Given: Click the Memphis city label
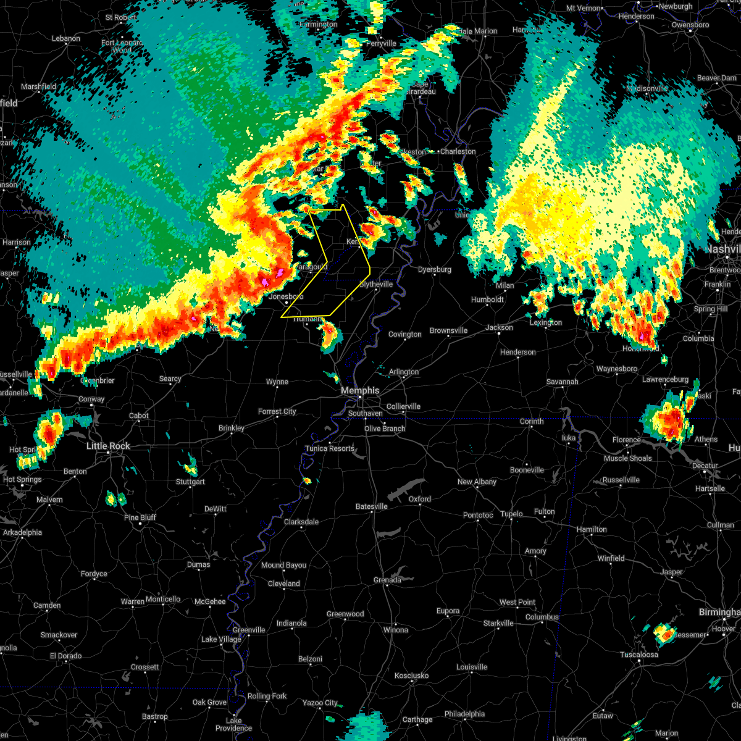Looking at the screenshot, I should coord(361,391).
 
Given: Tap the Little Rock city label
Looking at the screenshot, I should coord(108,446).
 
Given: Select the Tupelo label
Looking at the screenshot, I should coord(511,514).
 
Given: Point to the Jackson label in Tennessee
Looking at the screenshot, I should coord(499,327).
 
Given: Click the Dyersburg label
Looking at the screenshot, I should coord(434,270).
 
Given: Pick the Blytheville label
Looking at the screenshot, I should coord(376,284).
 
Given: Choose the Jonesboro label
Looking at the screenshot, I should coord(287,296).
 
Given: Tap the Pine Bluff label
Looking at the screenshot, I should coord(140,517).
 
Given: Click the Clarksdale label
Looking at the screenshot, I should coord(301,522).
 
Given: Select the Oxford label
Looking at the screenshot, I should coord(420,499).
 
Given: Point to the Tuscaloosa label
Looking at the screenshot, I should coord(639,655).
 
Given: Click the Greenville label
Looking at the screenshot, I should coord(249,630).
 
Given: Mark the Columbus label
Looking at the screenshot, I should coord(542,617).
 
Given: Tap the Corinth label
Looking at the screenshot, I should coord(532,422).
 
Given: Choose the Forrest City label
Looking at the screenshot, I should coord(277,412).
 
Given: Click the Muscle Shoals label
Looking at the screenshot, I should coord(628,458).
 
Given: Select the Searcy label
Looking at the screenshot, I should coord(170,379).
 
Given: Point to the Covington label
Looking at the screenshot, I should coord(405,335).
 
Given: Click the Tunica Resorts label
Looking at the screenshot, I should coord(330,448).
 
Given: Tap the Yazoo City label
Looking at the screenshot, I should coord(320,703).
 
